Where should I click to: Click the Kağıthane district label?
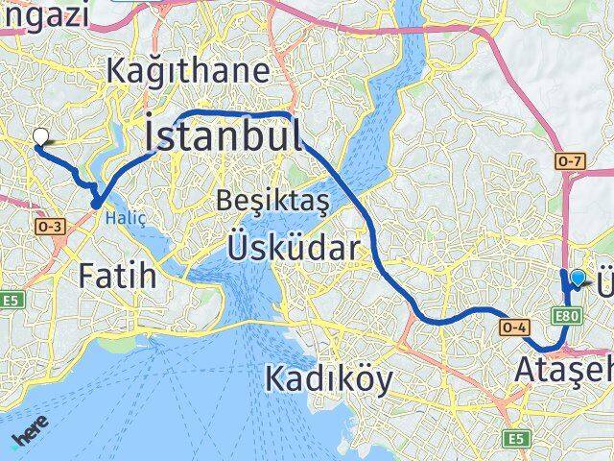click(188, 71)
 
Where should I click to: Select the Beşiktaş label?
click(272, 201)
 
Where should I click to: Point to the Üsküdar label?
click(294, 250)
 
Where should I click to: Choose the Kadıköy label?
click(328, 380)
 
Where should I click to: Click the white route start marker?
click(40, 136)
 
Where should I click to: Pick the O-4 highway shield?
click(513, 328)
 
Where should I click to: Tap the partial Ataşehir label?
click(563, 369)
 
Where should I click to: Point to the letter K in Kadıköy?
click(273, 380)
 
